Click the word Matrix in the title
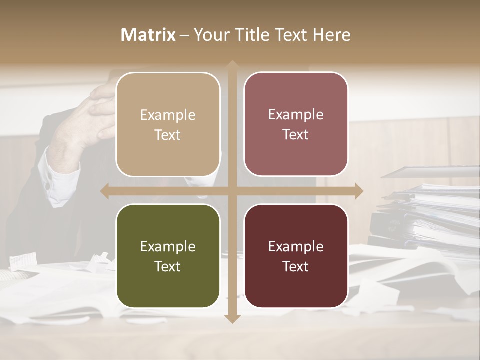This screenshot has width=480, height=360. click(x=148, y=35)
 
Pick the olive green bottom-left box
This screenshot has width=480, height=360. click(x=168, y=285)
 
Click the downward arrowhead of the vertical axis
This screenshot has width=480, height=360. click(x=232, y=318)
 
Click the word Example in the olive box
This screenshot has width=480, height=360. click(x=168, y=246)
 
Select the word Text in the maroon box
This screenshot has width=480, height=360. click(x=296, y=266)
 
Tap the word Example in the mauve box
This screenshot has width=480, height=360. click(x=296, y=114)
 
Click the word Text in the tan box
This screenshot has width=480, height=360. click(x=168, y=135)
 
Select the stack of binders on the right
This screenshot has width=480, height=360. click(x=430, y=215)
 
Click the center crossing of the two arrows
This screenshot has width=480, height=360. click(x=232, y=191)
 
